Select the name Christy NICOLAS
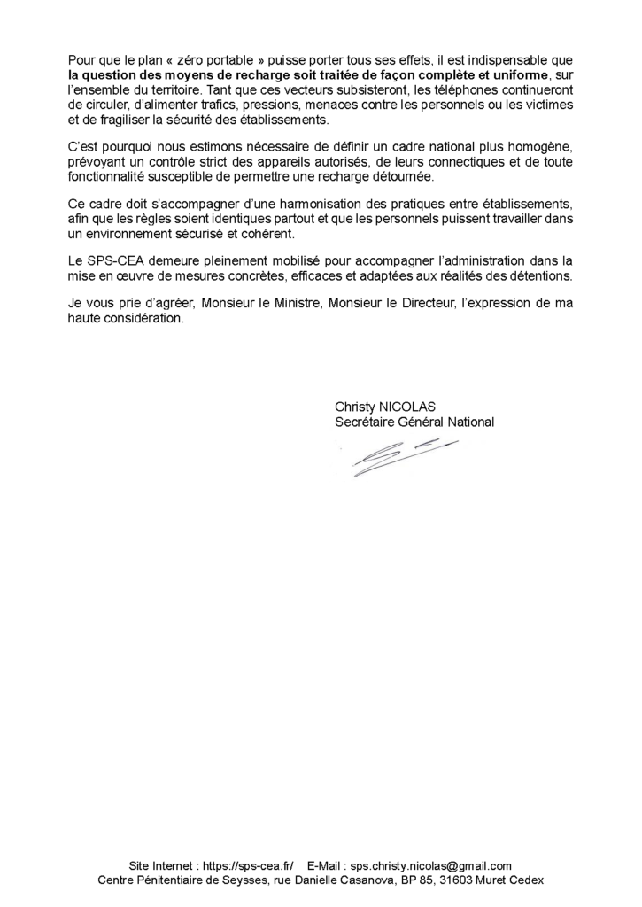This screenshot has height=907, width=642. click(385, 407)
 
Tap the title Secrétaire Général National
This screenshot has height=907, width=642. click(414, 422)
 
